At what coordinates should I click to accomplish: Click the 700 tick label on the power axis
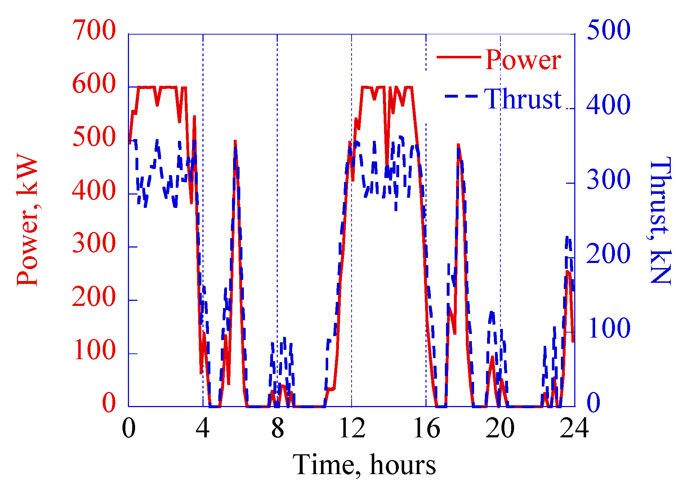point(94,30)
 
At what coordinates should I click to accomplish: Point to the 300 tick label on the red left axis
point(94,243)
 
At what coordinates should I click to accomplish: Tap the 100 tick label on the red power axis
point(94,350)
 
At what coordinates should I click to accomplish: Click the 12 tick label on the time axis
point(352,429)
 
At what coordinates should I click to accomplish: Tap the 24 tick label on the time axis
point(574,429)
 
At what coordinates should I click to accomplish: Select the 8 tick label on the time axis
point(277,429)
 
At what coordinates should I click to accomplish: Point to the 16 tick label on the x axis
point(427,429)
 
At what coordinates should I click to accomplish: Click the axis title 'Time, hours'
point(364,465)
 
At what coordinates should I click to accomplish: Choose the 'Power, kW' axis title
point(28,220)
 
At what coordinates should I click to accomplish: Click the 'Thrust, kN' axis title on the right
point(660,220)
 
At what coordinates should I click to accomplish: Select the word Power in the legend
point(522,60)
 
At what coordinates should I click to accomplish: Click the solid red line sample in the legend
point(459,57)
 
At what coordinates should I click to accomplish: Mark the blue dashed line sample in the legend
point(461,96)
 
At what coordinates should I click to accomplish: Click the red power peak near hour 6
point(235,142)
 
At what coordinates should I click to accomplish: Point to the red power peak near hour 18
point(458,145)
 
